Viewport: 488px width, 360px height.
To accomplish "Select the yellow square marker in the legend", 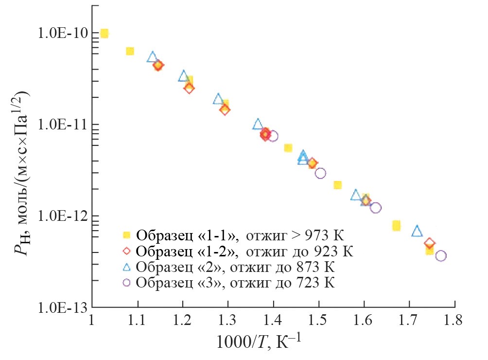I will (127, 236).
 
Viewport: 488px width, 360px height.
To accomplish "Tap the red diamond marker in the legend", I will (127, 252).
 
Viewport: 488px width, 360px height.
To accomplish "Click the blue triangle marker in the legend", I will (127, 267).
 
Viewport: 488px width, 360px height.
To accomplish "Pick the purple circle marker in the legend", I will (127, 283).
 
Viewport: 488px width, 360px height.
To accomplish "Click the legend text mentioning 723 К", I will (236, 283).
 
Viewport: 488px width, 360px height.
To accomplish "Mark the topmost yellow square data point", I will (104, 34).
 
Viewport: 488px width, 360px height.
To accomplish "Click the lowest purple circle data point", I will (441, 256).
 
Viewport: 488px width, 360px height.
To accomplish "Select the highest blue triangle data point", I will (153, 57).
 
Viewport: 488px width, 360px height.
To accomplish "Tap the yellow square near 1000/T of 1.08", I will (130, 51).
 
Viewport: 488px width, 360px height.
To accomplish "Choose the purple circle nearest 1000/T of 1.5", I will (320, 173).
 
